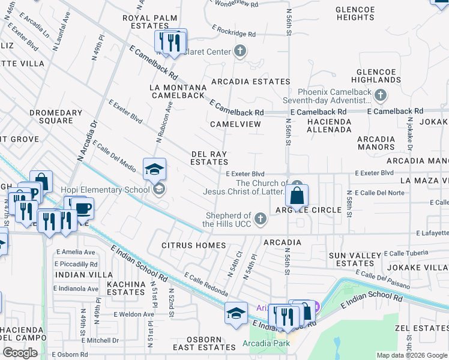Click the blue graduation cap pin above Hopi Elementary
click(x=154, y=169)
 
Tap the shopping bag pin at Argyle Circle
click(x=297, y=195)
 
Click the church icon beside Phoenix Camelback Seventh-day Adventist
click(x=380, y=95)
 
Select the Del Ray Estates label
click(x=209, y=158)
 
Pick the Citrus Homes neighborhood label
click(x=194, y=245)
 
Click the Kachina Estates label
click(x=126, y=288)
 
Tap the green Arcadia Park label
click(x=266, y=343)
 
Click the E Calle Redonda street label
click(x=206, y=284)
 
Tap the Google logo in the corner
click(x=20, y=353)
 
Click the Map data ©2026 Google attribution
click(x=411, y=355)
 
